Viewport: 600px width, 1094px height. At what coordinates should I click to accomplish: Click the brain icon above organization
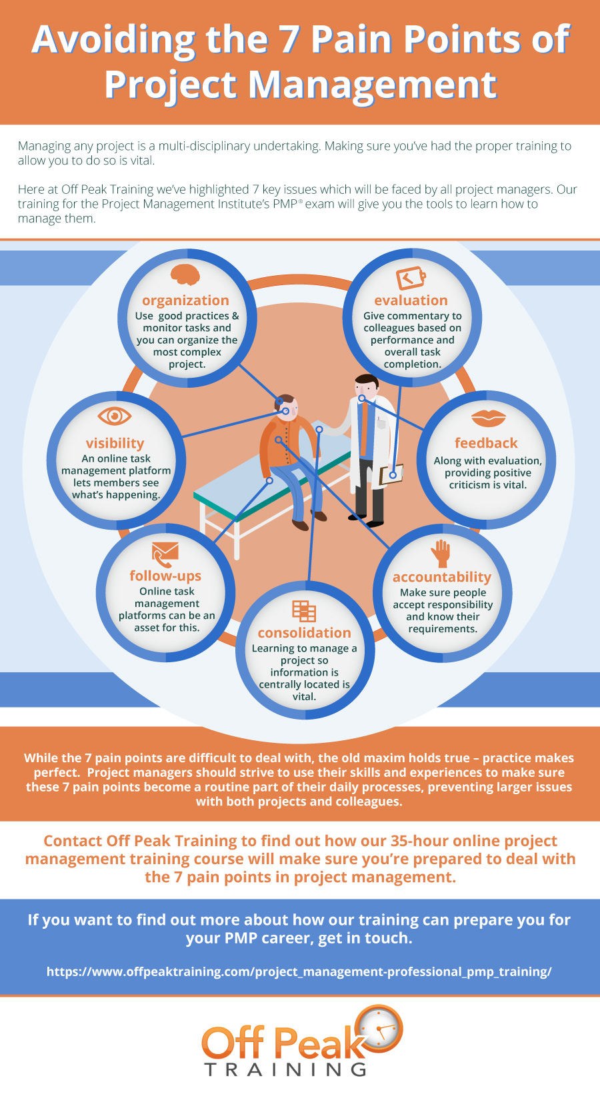point(185,274)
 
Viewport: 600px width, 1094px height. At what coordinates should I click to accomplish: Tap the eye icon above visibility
point(114,416)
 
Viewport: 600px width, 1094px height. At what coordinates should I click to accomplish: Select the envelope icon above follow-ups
point(165,554)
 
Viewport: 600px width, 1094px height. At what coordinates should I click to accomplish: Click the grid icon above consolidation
point(304,611)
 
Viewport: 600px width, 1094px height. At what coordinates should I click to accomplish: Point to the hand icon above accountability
point(441,554)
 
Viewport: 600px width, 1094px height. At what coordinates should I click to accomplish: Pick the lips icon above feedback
point(488,418)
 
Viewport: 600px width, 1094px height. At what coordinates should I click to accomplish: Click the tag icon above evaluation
point(411,278)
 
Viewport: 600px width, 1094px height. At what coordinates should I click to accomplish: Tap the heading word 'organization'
point(186,300)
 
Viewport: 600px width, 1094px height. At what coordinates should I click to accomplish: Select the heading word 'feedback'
point(486,443)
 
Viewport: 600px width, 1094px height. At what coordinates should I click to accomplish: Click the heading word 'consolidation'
point(305,632)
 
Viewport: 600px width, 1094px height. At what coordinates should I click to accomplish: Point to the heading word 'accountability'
point(442,577)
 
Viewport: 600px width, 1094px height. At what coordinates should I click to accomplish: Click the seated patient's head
point(287,407)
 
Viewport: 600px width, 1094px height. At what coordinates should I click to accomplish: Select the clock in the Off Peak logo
point(379,1027)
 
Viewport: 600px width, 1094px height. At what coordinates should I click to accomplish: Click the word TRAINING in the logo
point(285,1069)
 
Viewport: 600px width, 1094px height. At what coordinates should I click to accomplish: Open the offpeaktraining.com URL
point(299,971)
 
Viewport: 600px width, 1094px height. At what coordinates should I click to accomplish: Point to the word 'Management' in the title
point(372,85)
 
